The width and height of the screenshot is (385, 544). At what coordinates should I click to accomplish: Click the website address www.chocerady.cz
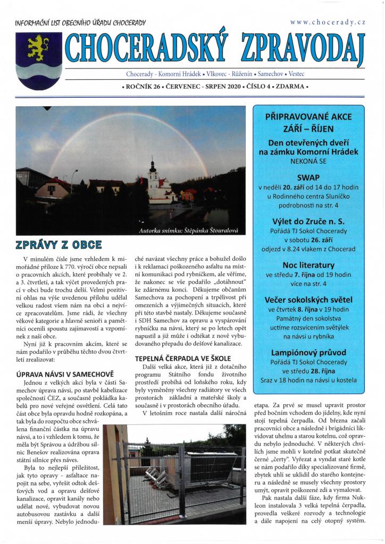328,22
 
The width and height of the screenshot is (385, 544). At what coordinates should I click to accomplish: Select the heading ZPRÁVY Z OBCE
59,245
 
